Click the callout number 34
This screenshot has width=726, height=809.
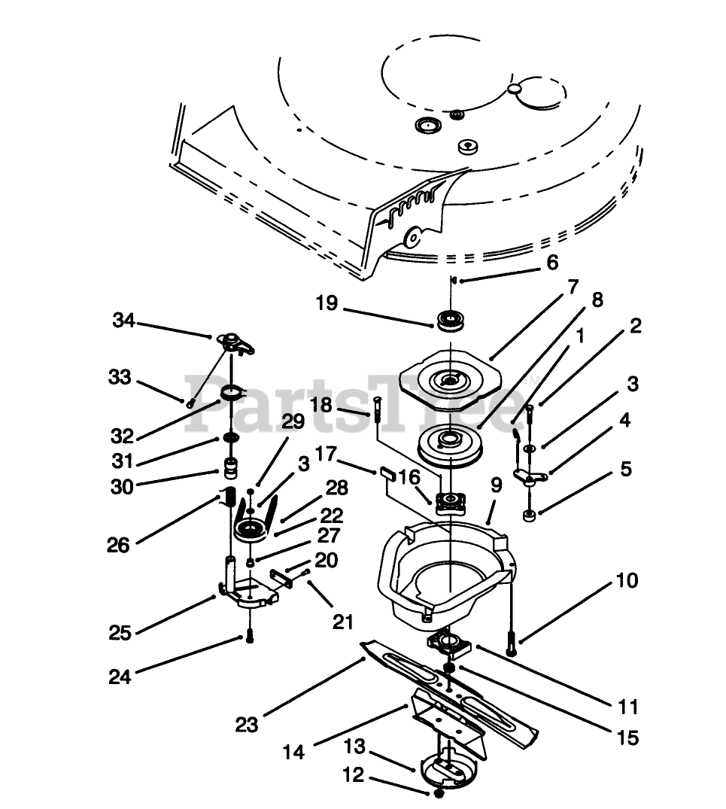click(123, 321)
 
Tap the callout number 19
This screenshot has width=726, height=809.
click(327, 304)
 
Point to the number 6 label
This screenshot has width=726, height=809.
click(552, 263)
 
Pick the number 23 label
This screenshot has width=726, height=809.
click(247, 725)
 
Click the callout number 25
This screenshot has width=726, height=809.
click(120, 633)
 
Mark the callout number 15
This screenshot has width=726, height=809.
click(626, 738)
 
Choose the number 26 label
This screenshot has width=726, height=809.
click(118, 543)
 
